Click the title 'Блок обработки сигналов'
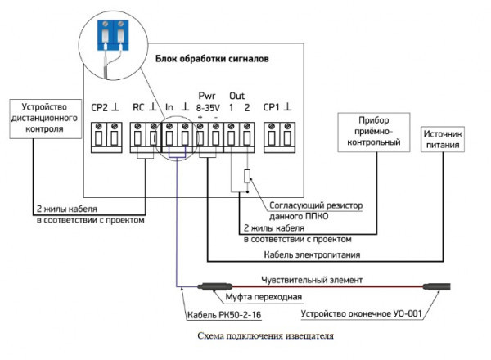coord(213,61)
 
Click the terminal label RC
coord(138,107)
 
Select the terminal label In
coord(169,107)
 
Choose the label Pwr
coord(206,96)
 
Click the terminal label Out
coord(237,96)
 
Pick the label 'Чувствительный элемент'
coord(311,280)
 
